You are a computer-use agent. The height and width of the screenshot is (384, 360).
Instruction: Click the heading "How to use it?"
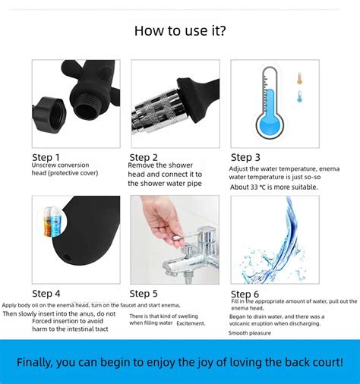click(180, 31)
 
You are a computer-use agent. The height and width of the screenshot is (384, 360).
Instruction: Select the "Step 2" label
click(144, 157)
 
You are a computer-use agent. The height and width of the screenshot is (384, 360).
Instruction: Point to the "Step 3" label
click(246, 157)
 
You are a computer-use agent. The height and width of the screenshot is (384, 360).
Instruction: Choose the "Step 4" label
click(46, 293)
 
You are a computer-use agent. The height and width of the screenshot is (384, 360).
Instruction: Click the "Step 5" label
click(144, 293)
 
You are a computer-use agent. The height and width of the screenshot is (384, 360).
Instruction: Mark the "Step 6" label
click(245, 294)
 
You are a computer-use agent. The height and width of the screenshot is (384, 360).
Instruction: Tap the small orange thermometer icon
click(299, 78)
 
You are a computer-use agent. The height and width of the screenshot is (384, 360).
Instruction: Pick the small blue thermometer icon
click(299, 96)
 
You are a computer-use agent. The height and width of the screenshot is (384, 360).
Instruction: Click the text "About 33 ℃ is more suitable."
click(273, 187)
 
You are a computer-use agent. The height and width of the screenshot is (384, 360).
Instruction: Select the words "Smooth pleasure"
click(249, 332)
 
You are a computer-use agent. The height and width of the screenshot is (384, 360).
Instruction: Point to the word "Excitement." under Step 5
click(191, 323)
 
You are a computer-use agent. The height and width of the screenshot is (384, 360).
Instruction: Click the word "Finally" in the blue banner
click(36, 362)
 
